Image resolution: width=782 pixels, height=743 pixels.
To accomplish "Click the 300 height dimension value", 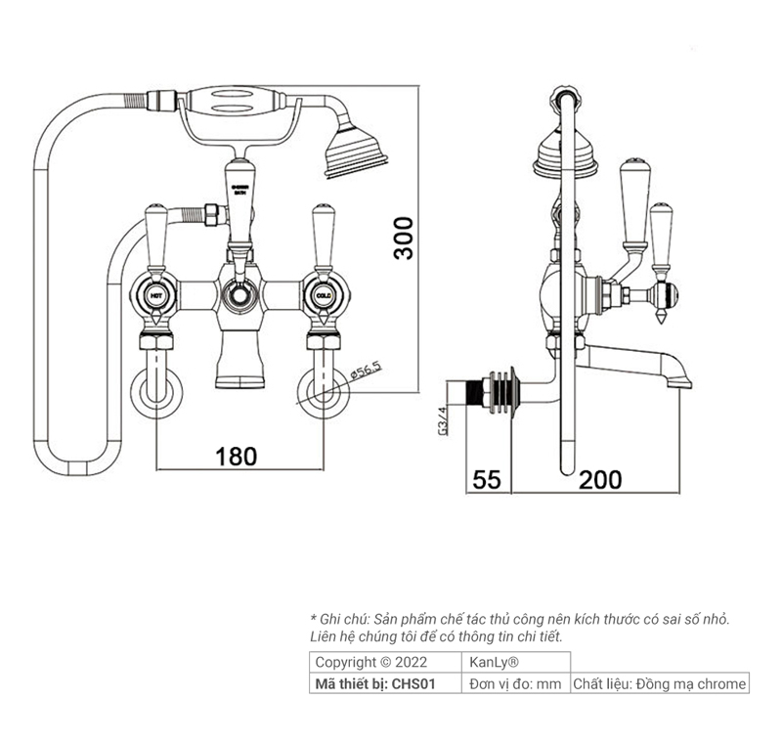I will [x=404, y=238].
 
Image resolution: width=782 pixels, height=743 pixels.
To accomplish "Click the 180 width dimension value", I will [x=237, y=456].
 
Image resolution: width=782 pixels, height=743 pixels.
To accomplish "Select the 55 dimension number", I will [x=487, y=479].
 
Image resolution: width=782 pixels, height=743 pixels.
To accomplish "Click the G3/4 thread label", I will [x=443, y=420].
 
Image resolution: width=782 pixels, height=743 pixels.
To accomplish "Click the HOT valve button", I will [x=154, y=294].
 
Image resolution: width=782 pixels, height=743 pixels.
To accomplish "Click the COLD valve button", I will [x=324, y=294].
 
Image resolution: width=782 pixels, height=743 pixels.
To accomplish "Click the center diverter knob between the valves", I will [x=237, y=294].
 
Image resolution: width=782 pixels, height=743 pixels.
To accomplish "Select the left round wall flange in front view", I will [x=155, y=391].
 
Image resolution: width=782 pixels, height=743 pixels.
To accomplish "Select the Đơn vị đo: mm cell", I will [x=515, y=684].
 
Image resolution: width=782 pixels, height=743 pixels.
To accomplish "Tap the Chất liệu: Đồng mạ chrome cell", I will [x=660, y=684].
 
